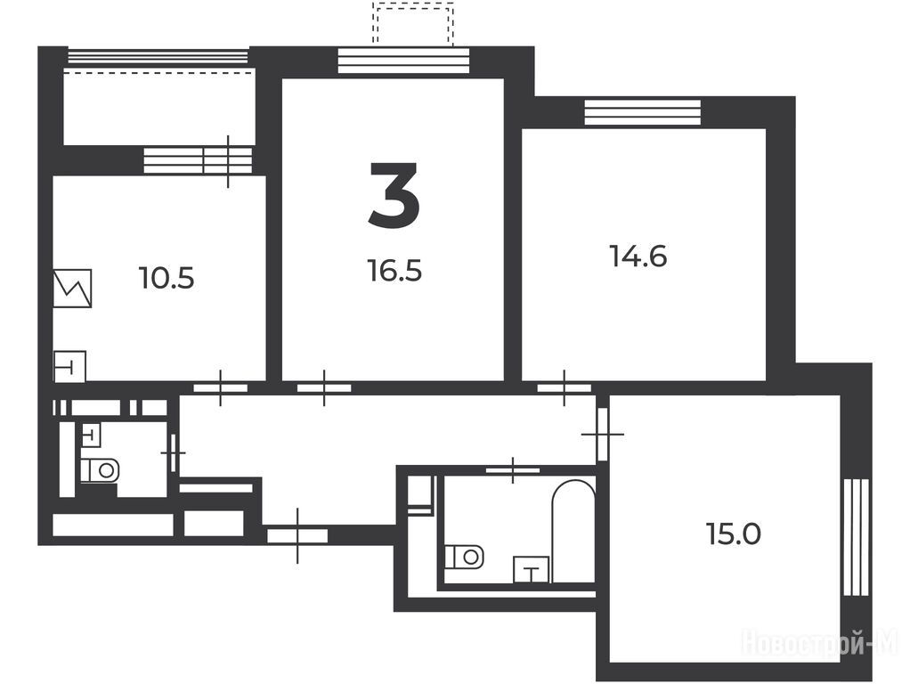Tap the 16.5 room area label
[x=394, y=271]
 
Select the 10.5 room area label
[x=167, y=278]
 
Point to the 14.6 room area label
[x=638, y=256]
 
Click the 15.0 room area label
[x=734, y=533]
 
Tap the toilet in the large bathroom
[x=465, y=557]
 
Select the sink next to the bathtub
[x=531, y=570]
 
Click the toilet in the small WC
[x=99, y=469]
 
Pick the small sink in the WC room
[x=92, y=435]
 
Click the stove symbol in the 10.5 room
[x=72, y=288]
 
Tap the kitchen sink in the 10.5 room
[x=69, y=366]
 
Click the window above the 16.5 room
[x=403, y=61]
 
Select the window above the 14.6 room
[x=643, y=112]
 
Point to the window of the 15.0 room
[x=856, y=537]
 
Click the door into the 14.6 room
[x=565, y=387]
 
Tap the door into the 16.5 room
[x=324, y=387]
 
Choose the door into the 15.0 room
[x=603, y=433]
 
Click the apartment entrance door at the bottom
[x=297, y=535]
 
